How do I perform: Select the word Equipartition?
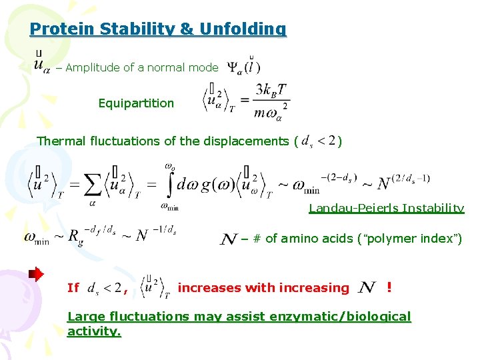[x=136, y=103]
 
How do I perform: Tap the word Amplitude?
[x=93, y=67]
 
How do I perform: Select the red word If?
[x=73, y=288]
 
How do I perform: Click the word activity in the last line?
[x=93, y=331]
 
